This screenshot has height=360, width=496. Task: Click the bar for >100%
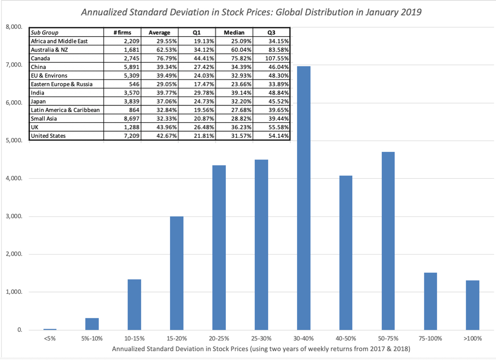point(472,305)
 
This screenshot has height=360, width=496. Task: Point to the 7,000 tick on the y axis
point(13,65)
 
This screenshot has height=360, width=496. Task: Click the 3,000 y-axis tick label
point(13,216)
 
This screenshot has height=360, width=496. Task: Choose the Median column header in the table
point(234,33)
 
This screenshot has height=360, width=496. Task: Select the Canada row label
point(41,58)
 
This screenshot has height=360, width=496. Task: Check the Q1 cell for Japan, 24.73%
point(198,102)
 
